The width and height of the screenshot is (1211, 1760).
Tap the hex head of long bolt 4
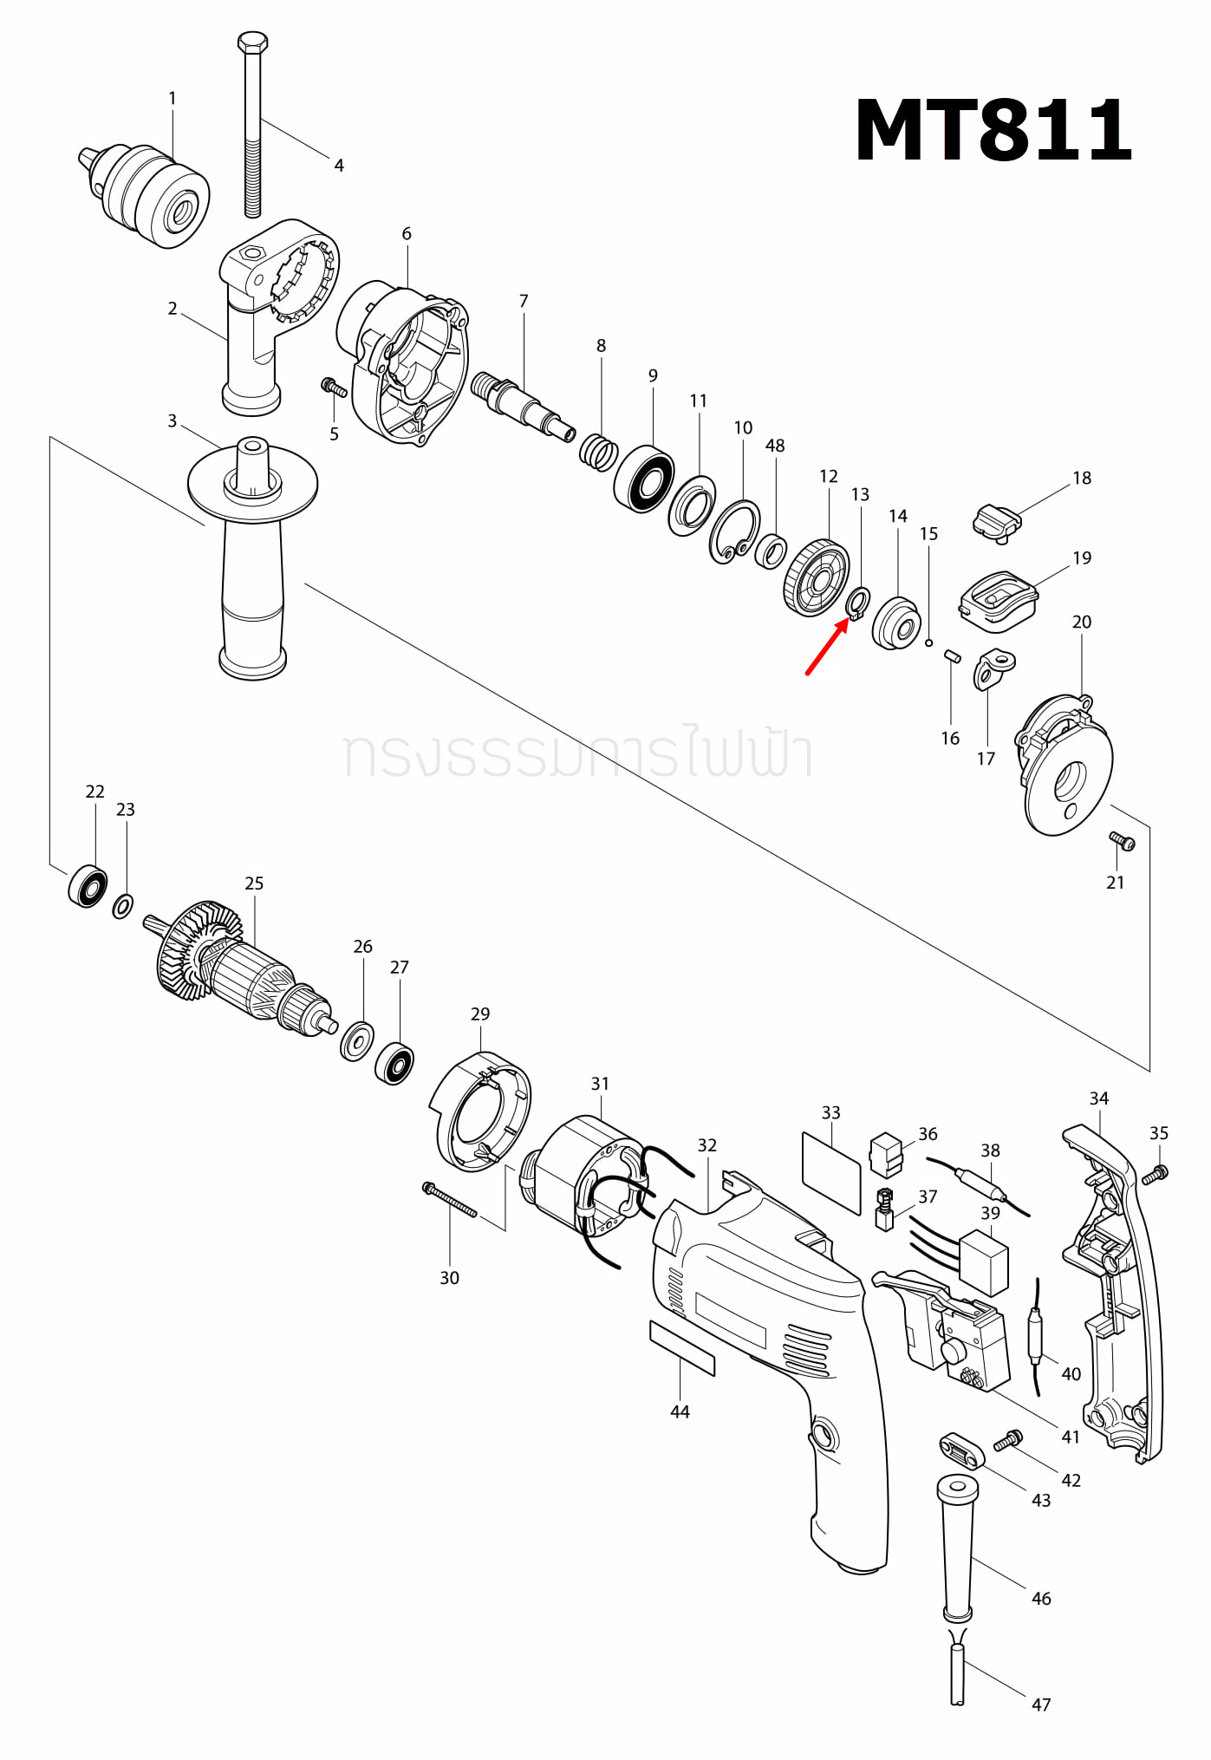[252, 42]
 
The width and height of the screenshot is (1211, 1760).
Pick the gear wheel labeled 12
[816, 577]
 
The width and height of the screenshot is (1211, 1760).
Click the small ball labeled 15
[928, 642]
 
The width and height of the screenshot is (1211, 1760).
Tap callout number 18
[1081, 478]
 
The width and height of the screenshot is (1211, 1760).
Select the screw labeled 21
[1123, 840]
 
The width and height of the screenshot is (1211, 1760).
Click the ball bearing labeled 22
[88, 885]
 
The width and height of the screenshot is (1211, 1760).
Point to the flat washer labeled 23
[123, 907]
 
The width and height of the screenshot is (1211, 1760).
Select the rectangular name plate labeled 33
[830, 1171]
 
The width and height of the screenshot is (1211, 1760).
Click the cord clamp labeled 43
[960, 1450]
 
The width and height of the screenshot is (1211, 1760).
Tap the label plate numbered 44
[682, 1348]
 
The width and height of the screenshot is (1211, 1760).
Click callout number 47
[1040, 1705]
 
